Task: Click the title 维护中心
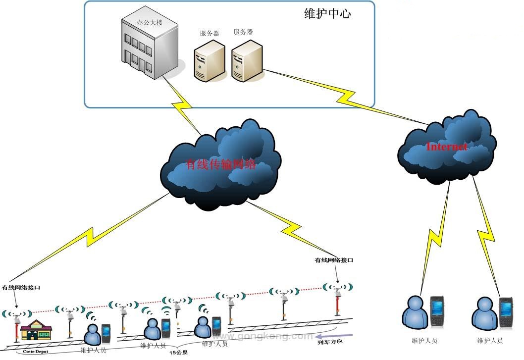[x=327, y=14]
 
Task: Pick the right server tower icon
[x=246, y=60]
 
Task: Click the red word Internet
[x=446, y=147]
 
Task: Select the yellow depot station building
[x=36, y=329]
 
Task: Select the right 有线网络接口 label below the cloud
[x=334, y=260]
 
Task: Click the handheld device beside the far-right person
[x=505, y=312]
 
